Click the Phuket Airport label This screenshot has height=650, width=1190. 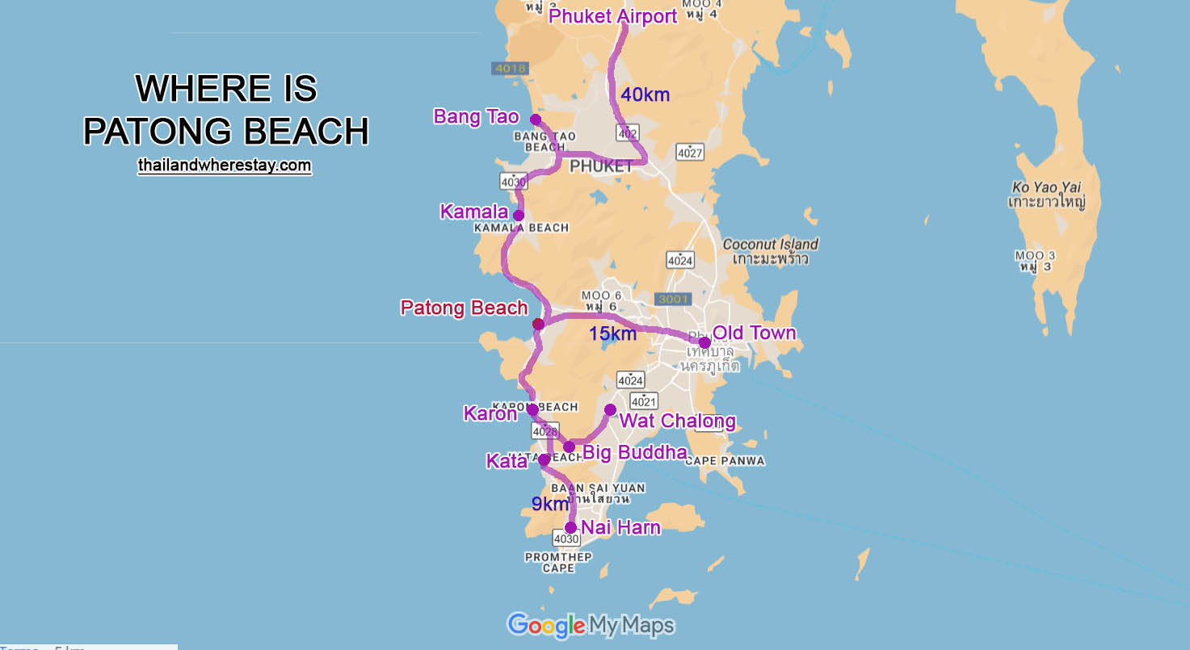(x=612, y=16)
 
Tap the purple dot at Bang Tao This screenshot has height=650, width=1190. (x=536, y=120)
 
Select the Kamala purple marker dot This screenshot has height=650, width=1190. (x=519, y=216)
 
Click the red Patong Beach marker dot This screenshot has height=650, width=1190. (x=538, y=324)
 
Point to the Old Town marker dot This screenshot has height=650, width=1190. (x=704, y=342)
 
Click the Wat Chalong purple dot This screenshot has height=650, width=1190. (x=610, y=409)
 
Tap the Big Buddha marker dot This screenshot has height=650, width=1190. (x=569, y=447)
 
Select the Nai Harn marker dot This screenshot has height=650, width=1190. (x=570, y=527)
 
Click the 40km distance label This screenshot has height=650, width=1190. (x=645, y=94)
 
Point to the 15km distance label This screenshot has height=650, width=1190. (x=612, y=333)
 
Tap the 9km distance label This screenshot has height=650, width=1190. (x=550, y=505)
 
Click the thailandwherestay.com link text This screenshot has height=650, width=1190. (x=225, y=165)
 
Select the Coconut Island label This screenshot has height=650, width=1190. (x=770, y=244)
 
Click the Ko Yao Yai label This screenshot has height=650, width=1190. (x=1046, y=187)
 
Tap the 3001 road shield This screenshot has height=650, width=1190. (x=673, y=299)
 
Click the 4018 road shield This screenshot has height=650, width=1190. (x=510, y=69)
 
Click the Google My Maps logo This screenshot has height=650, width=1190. (x=591, y=624)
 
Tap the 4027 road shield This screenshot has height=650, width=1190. (x=690, y=151)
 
